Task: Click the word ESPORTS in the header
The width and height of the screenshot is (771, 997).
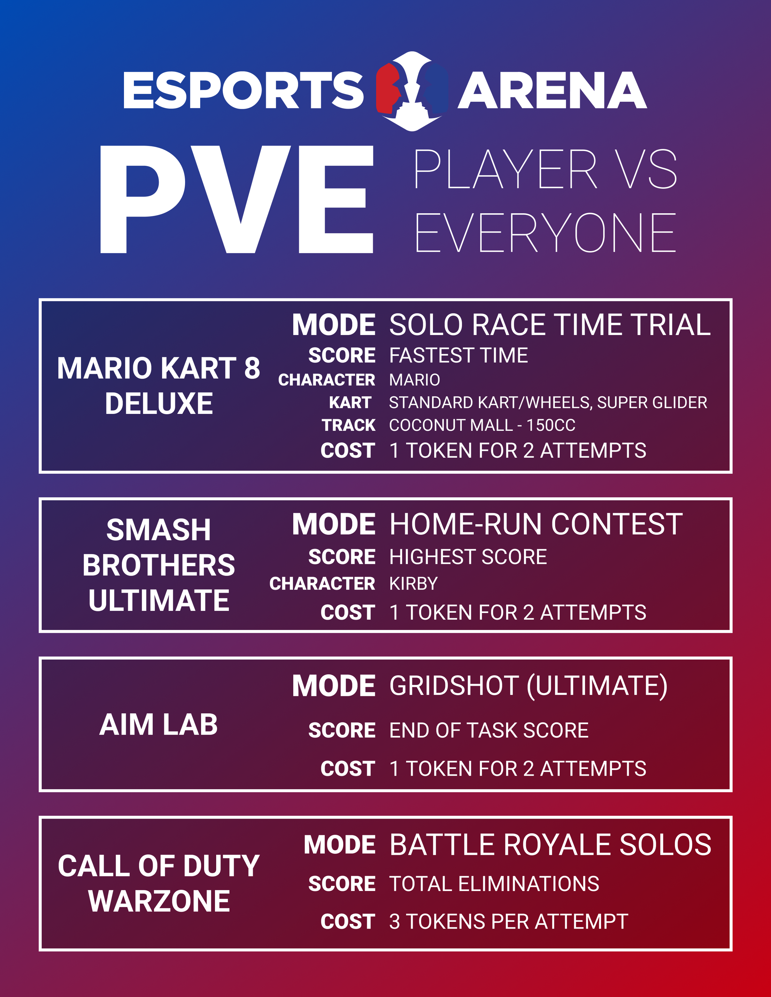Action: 243,90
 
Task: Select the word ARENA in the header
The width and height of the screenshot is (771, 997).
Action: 552,90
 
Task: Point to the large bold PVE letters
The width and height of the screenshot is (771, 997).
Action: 237,199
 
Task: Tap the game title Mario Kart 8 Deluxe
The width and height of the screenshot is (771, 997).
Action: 159,386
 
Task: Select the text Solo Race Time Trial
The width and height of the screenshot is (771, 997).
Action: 550,325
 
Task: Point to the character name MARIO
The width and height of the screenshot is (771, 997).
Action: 414,380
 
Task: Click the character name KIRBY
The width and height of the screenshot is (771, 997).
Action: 413,583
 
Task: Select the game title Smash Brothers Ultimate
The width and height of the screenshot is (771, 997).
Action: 159,565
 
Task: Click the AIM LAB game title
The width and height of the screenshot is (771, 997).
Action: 159,725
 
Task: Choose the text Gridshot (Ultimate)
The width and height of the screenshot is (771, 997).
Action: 528,686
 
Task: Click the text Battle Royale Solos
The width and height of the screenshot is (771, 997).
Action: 550,844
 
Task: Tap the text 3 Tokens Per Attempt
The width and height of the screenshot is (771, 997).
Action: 508,921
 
